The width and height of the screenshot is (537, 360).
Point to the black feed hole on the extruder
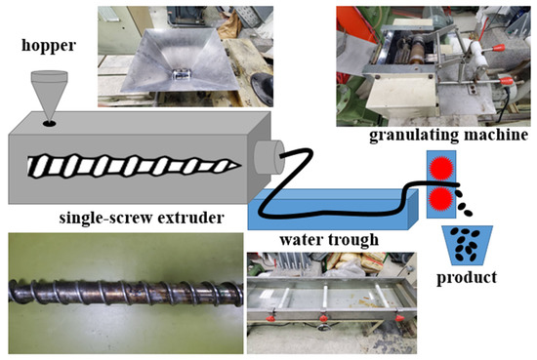click(x=51, y=124)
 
